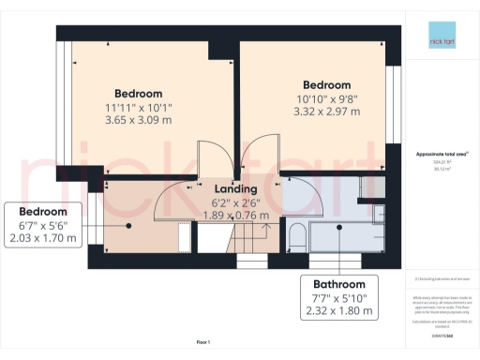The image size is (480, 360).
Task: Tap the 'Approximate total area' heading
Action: click(x=439, y=153)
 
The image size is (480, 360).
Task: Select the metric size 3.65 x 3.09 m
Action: click(x=139, y=122)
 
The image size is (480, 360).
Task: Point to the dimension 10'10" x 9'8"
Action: click(x=326, y=98)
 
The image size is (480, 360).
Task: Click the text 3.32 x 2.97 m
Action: click(x=326, y=112)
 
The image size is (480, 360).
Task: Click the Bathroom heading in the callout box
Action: click(x=339, y=284)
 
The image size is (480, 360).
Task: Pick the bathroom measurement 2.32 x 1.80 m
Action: click(x=339, y=310)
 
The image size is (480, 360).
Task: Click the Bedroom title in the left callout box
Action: click(x=43, y=211)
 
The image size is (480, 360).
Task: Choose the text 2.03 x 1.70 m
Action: click(x=43, y=238)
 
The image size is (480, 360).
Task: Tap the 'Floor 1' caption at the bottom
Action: click(x=202, y=343)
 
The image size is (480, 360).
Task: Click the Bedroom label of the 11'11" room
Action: click(x=139, y=94)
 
